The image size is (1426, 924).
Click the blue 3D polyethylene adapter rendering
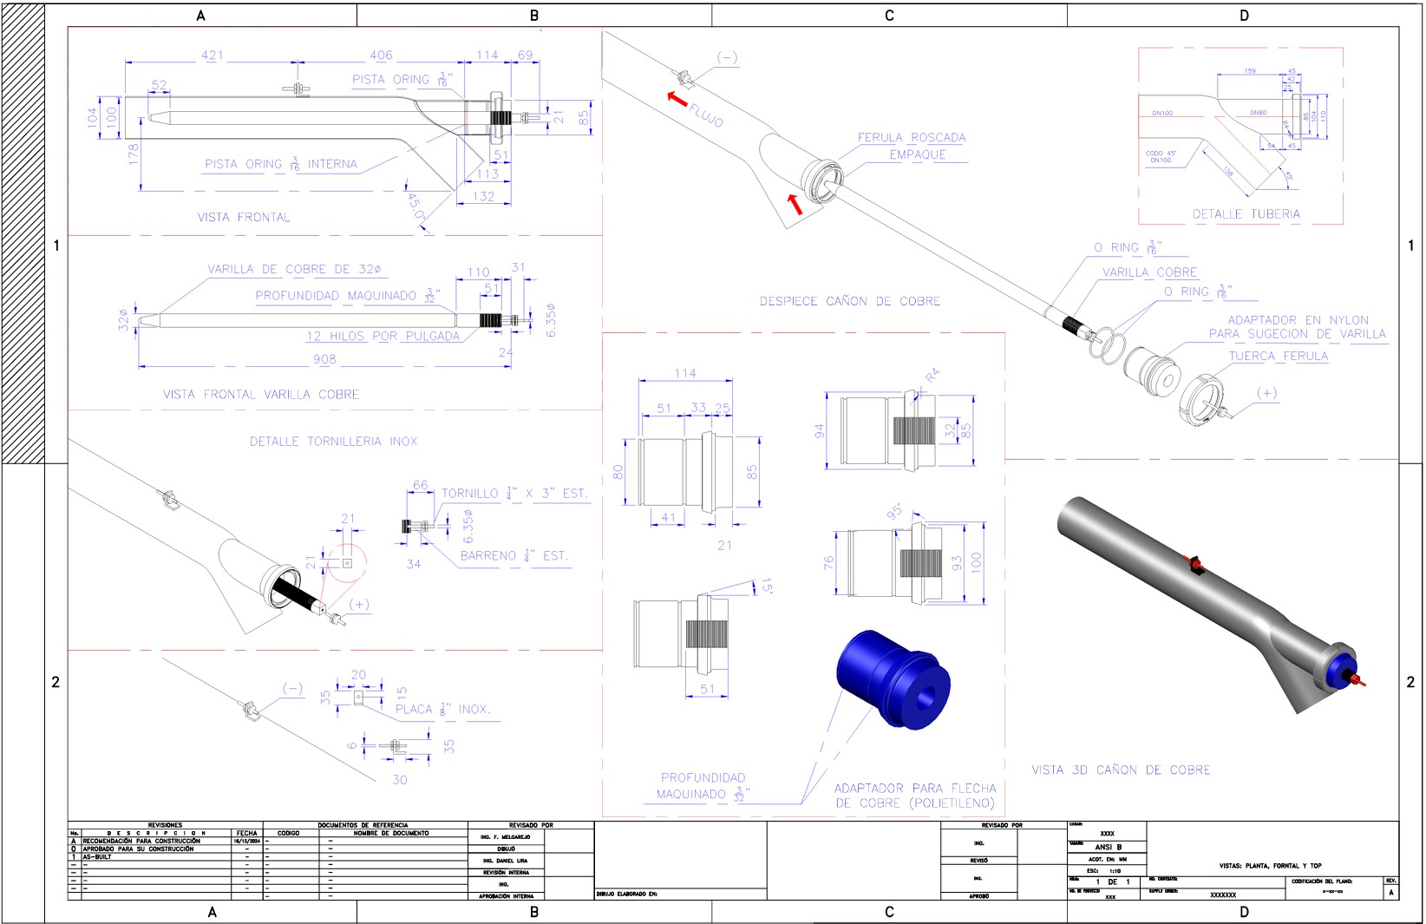click(893, 678)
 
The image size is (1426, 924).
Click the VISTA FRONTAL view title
click(244, 217)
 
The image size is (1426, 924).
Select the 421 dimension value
click(213, 55)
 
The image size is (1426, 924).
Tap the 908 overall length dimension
click(324, 358)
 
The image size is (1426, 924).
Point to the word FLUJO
click(706, 115)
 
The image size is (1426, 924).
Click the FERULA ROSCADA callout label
click(911, 137)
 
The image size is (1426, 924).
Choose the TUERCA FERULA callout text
click(1278, 356)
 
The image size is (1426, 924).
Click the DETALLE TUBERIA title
click(1246, 213)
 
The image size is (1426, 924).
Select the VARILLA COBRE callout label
click(1149, 272)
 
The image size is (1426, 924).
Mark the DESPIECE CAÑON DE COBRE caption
click(849, 301)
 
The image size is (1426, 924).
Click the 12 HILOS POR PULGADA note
click(383, 336)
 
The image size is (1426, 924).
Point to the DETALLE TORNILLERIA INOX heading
click(333, 441)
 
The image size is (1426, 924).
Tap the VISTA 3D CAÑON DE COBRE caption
click(1121, 770)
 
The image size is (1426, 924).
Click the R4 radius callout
click(932, 376)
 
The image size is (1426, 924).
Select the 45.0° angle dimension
click(416, 206)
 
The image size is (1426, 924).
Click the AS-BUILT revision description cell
click(97, 856)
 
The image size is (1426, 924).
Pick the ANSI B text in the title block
click(1108, 847)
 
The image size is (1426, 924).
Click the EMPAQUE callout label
click(917, 154)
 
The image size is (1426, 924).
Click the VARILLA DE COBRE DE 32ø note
click(294, 269)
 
